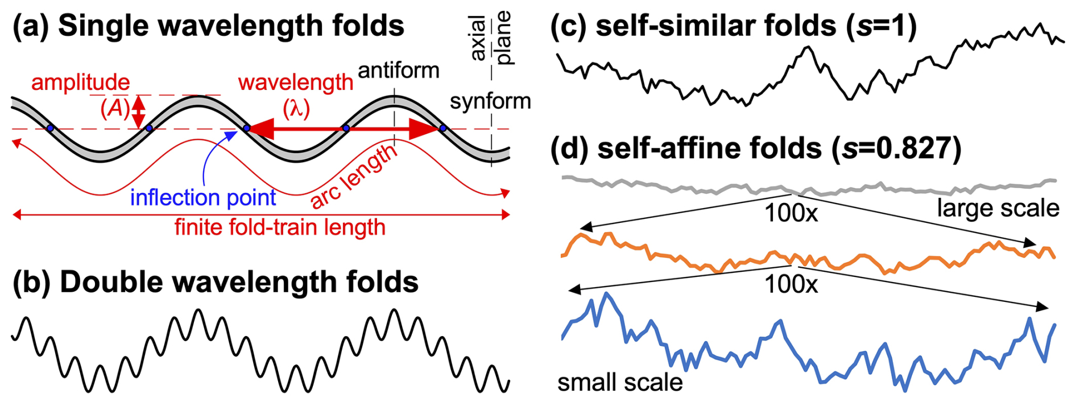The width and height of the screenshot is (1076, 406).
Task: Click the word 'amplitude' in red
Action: tap(80, 82)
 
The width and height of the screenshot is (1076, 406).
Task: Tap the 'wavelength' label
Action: tap(296, 82)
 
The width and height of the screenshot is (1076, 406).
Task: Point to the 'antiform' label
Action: tap(399, 71)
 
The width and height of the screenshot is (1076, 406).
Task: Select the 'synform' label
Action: tap(490, 101)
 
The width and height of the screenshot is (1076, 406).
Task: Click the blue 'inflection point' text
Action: tap(203, 197)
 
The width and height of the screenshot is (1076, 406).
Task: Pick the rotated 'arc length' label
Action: tap(354, 176)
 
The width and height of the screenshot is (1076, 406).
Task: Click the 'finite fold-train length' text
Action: tap(280, 227)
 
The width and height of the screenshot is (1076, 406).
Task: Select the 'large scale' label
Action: tap(998, 208)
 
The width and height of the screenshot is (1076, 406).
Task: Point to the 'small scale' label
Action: tap(620, 382)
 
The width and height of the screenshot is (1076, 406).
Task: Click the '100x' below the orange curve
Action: tap(791, 284)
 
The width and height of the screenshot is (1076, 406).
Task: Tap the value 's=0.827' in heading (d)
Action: tap(896, 148)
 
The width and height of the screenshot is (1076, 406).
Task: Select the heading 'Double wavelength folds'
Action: tap(239, 282)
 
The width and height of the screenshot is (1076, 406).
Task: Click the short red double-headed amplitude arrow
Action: tap(138, 112)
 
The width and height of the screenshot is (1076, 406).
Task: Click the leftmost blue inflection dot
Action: tap(51, 129)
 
